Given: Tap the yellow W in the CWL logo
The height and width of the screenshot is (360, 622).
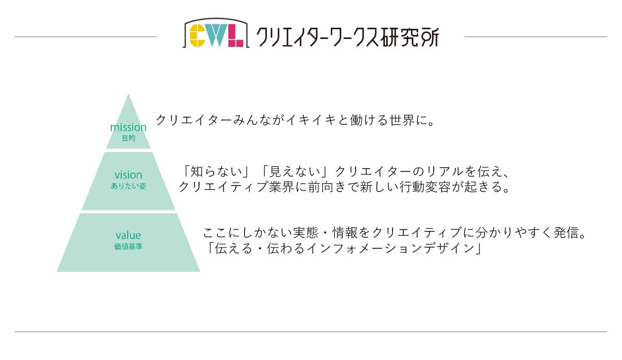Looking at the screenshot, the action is click(215, 34).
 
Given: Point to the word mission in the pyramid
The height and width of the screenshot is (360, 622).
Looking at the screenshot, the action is click(128, 127).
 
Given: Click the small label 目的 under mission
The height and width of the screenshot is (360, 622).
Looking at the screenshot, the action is click(128, 138).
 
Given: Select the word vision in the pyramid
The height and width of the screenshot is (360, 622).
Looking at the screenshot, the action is click(128, 175).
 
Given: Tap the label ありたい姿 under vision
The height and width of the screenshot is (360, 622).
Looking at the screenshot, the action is click(128, 186).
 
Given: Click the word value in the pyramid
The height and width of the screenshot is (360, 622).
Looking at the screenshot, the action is click(128, 235).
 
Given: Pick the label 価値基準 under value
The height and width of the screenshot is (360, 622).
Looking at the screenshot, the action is click(128, 246).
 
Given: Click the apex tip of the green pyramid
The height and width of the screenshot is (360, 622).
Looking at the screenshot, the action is click(129, 96).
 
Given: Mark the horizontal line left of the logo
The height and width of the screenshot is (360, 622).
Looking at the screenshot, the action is click(85, 37).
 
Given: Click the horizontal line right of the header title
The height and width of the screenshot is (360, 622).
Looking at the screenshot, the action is click(535, 37).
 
